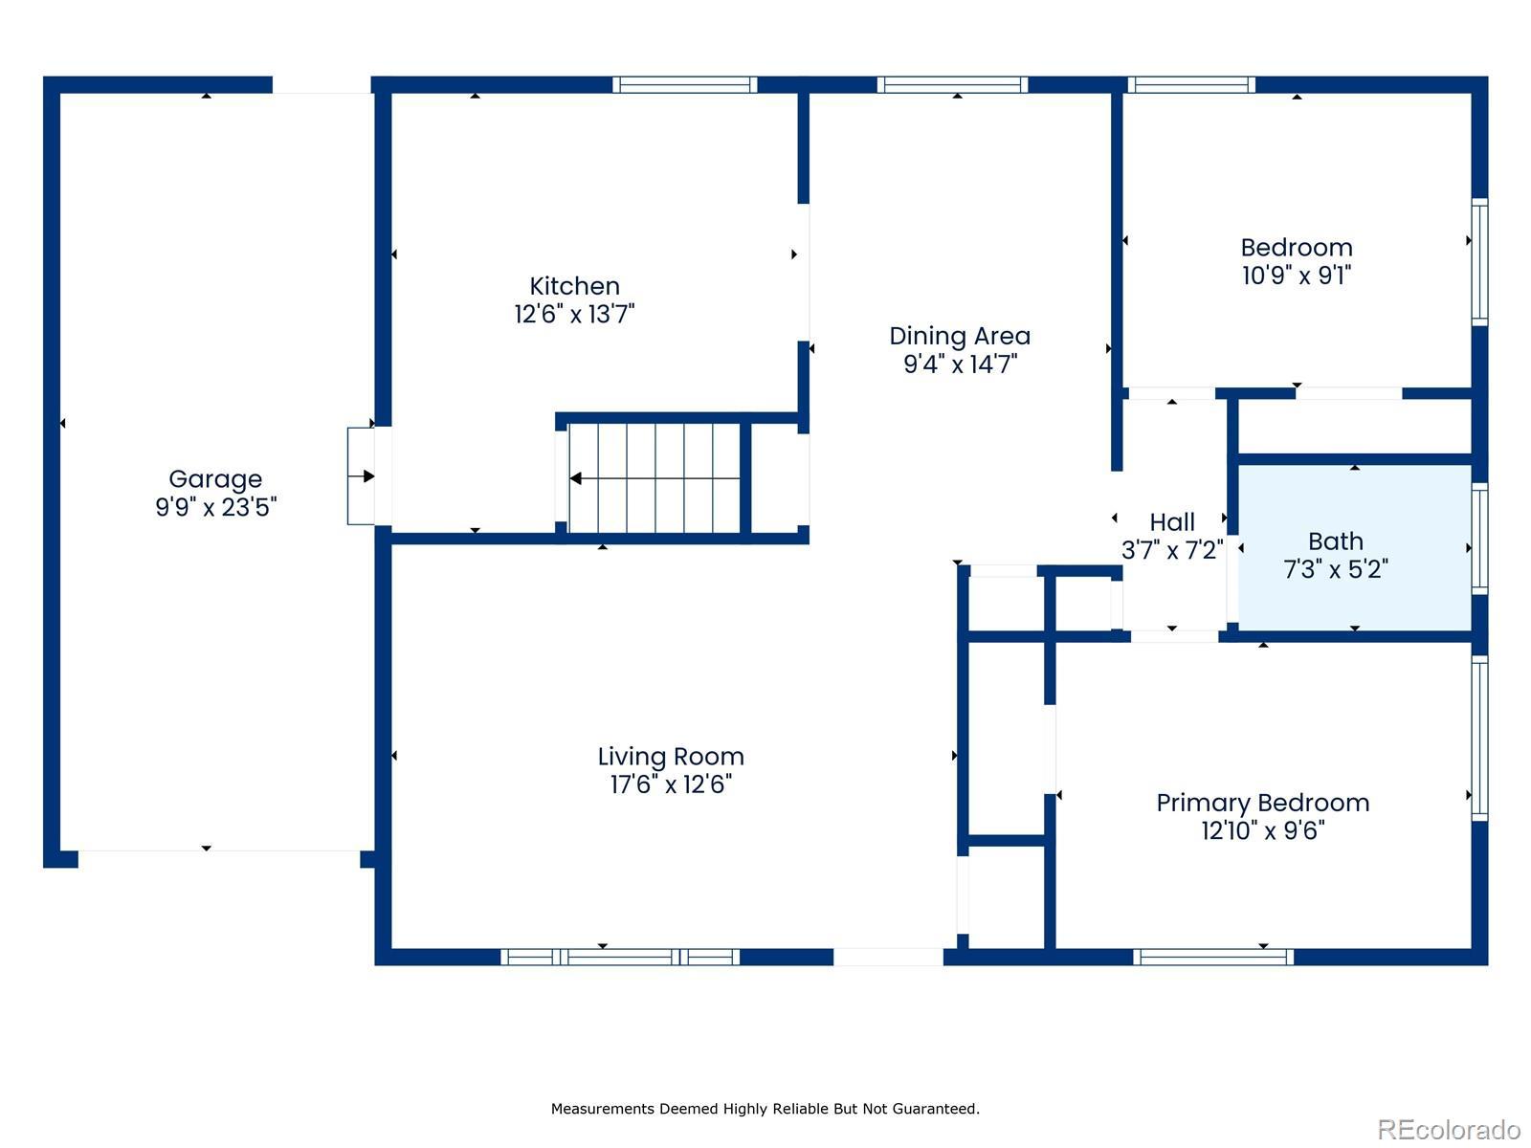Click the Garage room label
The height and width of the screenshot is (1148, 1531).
point(215,479)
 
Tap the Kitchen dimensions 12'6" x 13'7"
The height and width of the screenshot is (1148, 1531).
point(574,315)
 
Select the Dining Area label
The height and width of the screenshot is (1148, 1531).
point(959,336)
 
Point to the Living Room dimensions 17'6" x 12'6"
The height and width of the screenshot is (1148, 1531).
point(671,784)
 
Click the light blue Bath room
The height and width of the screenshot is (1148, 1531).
point(1354,548)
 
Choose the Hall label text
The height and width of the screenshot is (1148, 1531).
point(1172,522)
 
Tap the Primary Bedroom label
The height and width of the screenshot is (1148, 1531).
point(1262,803)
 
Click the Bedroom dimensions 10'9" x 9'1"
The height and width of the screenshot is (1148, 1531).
point(1296,276)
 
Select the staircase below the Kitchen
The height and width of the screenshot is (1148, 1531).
point(654,478)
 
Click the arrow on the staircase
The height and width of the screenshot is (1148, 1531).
point(655,479)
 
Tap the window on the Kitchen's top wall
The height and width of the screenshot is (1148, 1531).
point(684,85)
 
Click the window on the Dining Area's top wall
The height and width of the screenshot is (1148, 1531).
point(952,85)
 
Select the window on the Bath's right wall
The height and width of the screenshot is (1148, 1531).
point(1479,539)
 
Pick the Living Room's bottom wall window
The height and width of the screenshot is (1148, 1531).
point(619,957)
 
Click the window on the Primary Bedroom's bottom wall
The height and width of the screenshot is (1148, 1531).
point(1213,957)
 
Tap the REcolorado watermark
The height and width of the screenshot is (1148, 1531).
point(1449,1129)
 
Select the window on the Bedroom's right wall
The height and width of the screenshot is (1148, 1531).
point(1479,262)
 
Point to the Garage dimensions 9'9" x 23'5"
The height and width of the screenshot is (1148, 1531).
point(215,507)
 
